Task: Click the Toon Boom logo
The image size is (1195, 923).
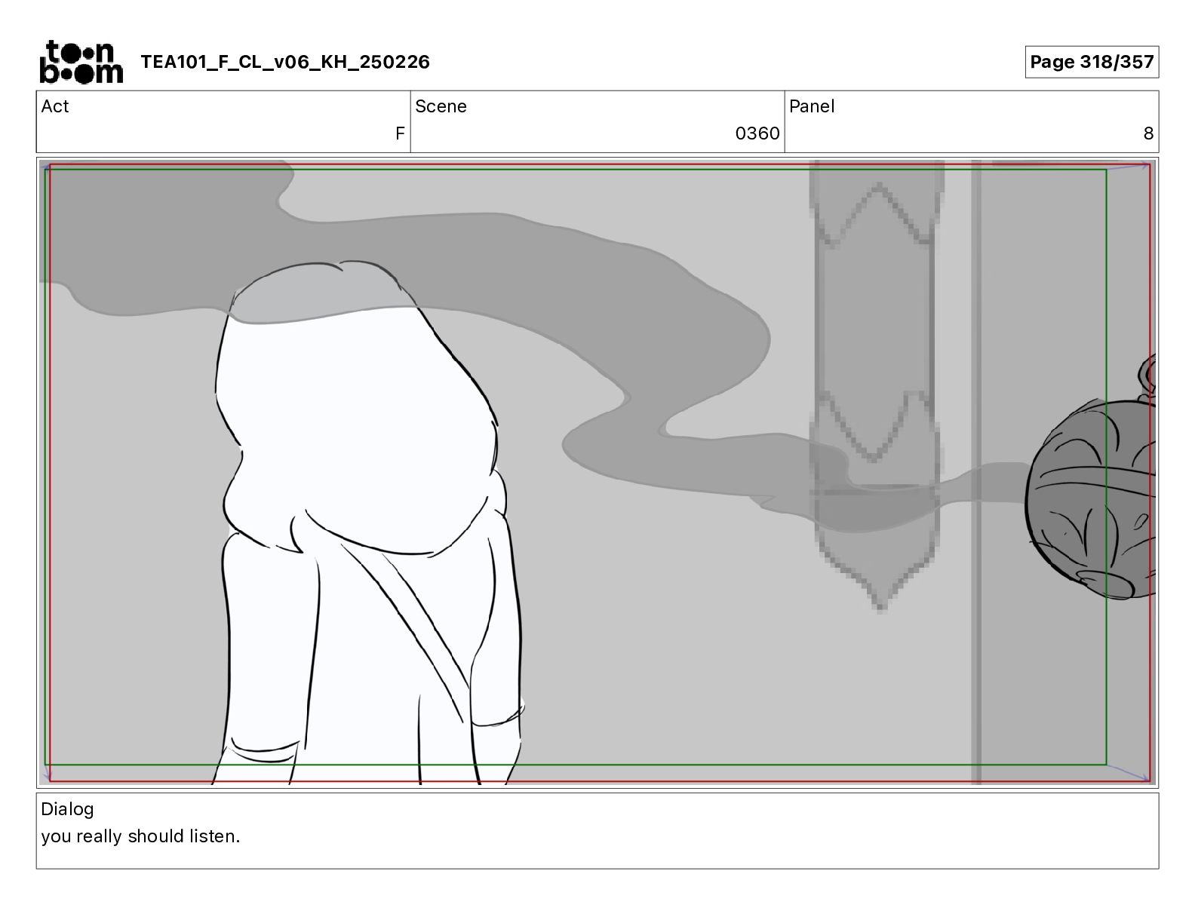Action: coord(81,62)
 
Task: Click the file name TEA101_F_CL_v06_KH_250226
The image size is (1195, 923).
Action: coord(285,62)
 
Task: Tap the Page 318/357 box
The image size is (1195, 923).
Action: coord(1092,62)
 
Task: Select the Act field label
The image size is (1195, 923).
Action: coord(55,106)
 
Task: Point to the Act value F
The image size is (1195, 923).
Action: coord(400,133)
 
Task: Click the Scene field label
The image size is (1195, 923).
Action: coord(441,106)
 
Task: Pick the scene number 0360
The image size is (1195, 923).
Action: coord(757,133)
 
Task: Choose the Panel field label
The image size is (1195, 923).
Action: coord(812,106)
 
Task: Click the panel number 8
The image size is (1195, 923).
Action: coord(1148,133)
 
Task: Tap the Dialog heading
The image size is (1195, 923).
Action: coord(67,809)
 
